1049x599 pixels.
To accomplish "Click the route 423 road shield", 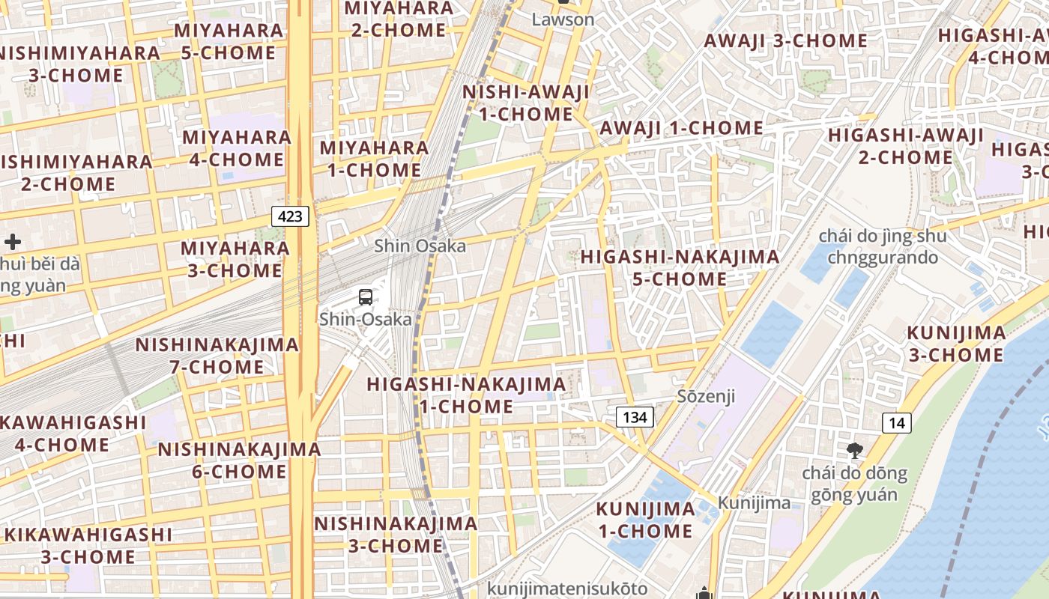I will pos(290,217).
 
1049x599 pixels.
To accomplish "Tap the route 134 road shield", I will pos(635,417).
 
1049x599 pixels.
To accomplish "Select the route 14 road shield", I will pos(896,423).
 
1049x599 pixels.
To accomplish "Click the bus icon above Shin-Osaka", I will pos(366,297).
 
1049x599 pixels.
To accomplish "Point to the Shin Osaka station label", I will pos(420,246).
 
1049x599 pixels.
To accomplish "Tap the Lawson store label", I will pos(563,19).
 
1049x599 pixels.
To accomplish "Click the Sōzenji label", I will pos(706,396).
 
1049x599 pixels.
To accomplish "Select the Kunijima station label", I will pos(754,502).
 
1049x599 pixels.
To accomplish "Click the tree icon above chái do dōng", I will pos(853,451).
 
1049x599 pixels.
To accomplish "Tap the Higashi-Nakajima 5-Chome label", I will pos(680,268).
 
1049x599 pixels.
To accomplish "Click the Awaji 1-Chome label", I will pos(681,128).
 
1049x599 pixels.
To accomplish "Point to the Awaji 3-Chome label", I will pos(785,40).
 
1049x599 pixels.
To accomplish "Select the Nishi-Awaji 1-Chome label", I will pos(526,103).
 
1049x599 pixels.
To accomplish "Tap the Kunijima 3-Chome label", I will pos(956,344).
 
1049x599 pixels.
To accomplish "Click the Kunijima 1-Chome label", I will pos(645,520).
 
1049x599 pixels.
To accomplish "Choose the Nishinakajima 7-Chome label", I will pos(217,356).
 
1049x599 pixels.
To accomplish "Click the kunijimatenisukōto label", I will pos(567,589).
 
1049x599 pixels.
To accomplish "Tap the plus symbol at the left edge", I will pos(13,242).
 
